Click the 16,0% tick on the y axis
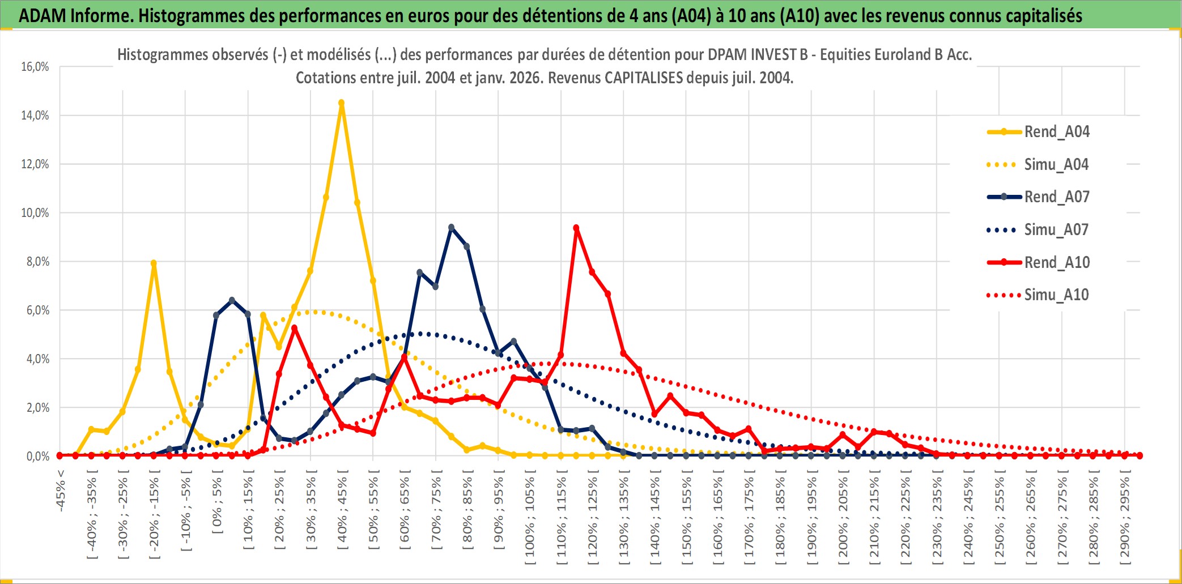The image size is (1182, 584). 35,67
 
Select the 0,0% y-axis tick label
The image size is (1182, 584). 37,456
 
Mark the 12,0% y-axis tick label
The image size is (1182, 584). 35,164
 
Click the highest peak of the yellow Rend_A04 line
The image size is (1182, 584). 341,103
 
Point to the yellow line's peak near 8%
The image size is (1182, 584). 154,263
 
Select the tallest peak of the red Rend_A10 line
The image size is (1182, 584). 576,228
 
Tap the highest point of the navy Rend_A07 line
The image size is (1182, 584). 451,228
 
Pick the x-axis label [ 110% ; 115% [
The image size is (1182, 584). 561,520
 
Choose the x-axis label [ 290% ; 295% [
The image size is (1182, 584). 1124,520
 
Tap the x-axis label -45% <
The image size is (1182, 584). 60,491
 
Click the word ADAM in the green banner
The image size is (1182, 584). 42,15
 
